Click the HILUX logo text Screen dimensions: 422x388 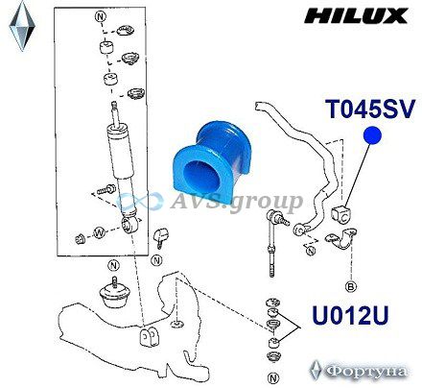pyautogui.click(x=356, y=15)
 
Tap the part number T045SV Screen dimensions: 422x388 pyautogui.click(x=370, y=109)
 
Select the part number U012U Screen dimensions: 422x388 pyautogui.click(x=350, y=315)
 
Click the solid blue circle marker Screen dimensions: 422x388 pyautogui.click(x=372, y=135)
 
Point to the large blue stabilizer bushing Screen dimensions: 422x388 pyautogui.click(x=209, y=161)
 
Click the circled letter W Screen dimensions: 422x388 pyautogui.click(x=99, y=232)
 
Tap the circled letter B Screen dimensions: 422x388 pyautogui.click(x=351, y=286)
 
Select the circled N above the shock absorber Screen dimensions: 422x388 pyautogui.click(x=100, y=16)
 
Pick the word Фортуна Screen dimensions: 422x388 pyautogui.click(x=367, y=372)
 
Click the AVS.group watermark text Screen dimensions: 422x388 pyautogui.click(x=236, y=202)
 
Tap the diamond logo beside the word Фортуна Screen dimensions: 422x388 pyautogui.click(x=316, y=371)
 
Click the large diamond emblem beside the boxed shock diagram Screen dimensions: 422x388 pyautogui.click(x=22, y=26)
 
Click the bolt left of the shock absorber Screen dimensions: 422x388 pyautogui.click(x=105, y=189)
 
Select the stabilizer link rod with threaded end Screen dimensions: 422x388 pyautogui.click(x=272, y=244)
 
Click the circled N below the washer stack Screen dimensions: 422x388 pyautogui.click(x=273, y=378)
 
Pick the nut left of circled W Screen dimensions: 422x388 pyautogui.click(x=80, y=238)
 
